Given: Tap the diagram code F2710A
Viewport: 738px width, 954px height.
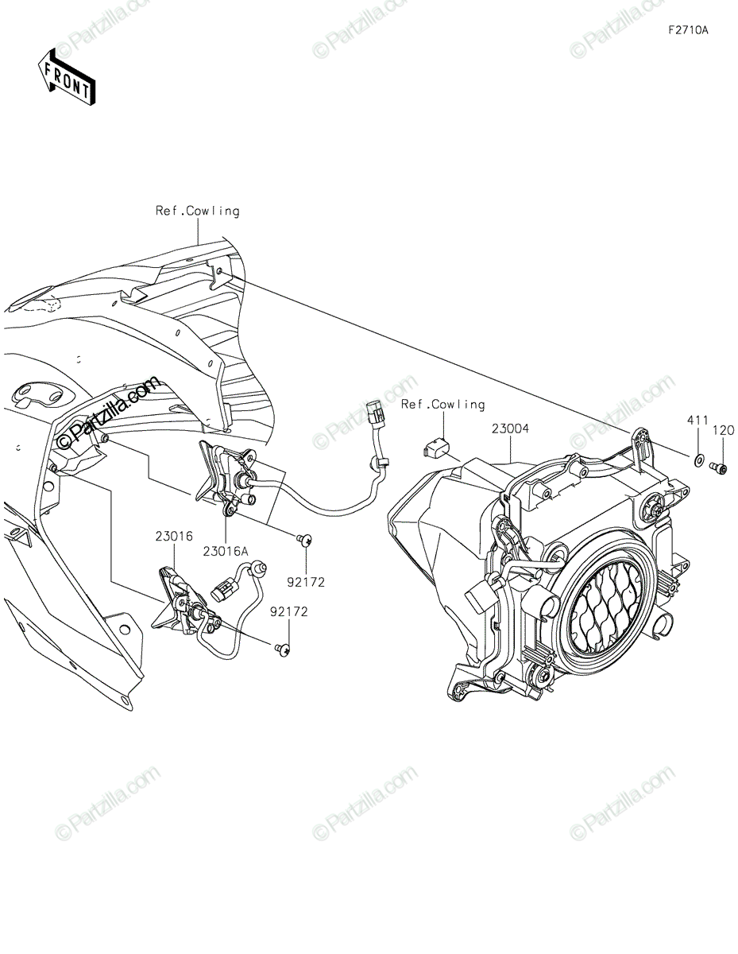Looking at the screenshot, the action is tap(689, 30).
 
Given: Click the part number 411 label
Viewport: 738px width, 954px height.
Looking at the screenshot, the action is tap(697, 421).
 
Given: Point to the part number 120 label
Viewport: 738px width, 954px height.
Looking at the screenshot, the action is tap(723, 431).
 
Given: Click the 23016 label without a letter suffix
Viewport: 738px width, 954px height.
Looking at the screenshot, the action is tap(174, 536).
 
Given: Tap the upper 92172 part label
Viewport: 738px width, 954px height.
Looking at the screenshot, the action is tap(306, 582).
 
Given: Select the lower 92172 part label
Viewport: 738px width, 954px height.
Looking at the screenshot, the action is tap(289, 611).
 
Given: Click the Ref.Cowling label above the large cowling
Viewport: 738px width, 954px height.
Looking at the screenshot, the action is tap(198, 211).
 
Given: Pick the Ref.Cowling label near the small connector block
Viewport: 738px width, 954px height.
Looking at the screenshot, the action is tap(443, 405).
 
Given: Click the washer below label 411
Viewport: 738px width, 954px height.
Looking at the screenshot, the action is tap(698, 460).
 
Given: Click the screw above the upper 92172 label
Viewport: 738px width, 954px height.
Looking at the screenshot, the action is tap(304, 539).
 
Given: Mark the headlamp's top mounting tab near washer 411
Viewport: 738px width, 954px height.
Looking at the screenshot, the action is tap(642, 447).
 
